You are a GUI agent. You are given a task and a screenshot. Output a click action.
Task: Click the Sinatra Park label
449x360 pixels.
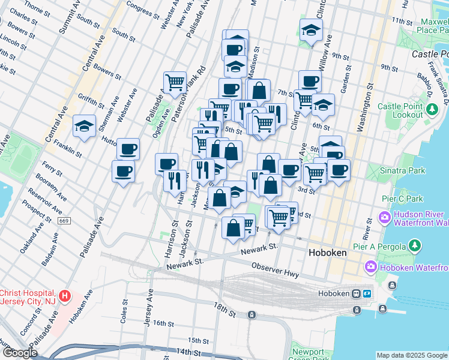(401, 171)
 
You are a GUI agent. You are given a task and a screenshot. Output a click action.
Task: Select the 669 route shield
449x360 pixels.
(64, 221)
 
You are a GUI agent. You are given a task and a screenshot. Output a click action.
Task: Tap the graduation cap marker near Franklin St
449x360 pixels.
(84, 127)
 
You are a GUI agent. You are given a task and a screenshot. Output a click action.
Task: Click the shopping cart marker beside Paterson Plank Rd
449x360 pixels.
(175, 82)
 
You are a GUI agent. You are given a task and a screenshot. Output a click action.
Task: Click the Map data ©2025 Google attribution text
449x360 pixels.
(412, 355)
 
